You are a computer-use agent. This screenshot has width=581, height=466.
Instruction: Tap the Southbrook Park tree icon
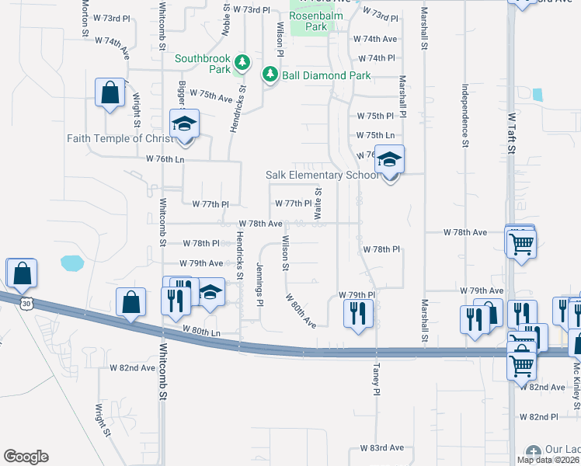(x=242, y=61)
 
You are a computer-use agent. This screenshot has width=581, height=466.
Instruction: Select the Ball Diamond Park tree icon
(x=270, y=75)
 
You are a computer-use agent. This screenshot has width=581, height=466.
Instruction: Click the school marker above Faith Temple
(x=185, y=124)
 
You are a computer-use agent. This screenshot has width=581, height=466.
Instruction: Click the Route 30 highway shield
(x=27, y=304)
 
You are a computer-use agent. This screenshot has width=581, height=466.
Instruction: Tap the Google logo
(x=26, y=457)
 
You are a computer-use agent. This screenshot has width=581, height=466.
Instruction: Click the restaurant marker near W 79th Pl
(x=358, y=313)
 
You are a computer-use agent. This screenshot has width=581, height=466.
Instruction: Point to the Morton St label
(x=85, y=19)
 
